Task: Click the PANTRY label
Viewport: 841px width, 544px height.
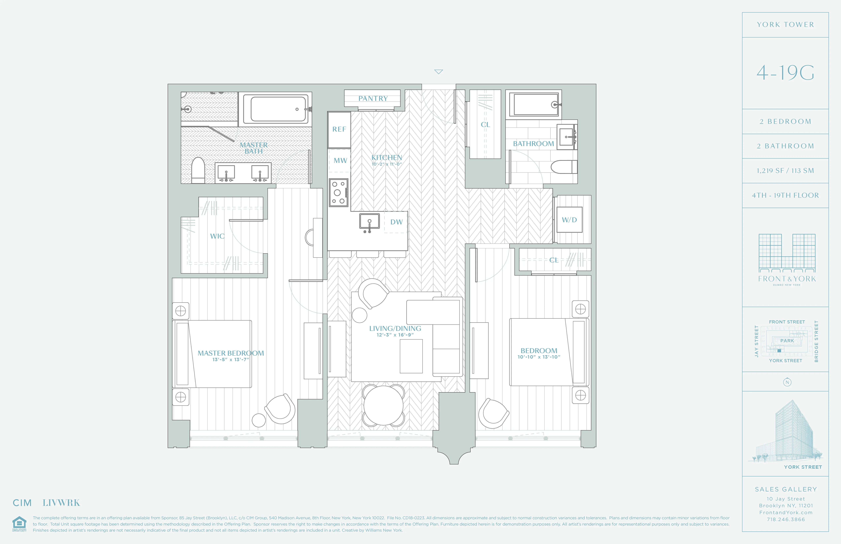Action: point(373,99)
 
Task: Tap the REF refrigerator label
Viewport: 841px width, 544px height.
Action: point(339,129)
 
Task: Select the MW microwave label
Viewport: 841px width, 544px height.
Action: point(340,160)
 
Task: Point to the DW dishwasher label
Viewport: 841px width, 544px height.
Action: point(396,222)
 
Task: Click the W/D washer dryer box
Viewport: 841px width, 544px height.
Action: point(569,220)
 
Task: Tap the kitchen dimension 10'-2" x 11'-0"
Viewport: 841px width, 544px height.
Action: point(387,164)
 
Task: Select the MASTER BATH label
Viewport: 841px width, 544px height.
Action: point(253,148)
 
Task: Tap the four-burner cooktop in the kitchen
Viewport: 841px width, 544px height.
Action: point(338,193)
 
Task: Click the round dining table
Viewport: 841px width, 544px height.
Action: point(383,405)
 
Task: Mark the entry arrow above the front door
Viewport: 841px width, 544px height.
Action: point(438,72)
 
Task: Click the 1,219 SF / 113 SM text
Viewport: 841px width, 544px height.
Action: point(785,171)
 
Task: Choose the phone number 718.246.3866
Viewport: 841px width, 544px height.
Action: point(786,519)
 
